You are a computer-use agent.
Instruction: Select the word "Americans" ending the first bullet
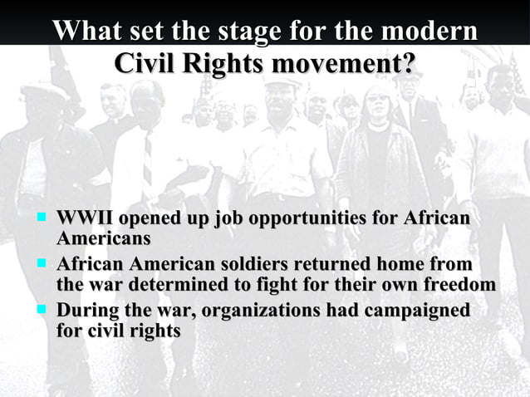click(103, 239)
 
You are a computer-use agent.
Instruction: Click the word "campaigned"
click(419, 311)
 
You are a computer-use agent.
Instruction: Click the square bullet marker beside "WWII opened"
click(39, 219)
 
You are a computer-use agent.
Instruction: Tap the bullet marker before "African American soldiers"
click(39, 265)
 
